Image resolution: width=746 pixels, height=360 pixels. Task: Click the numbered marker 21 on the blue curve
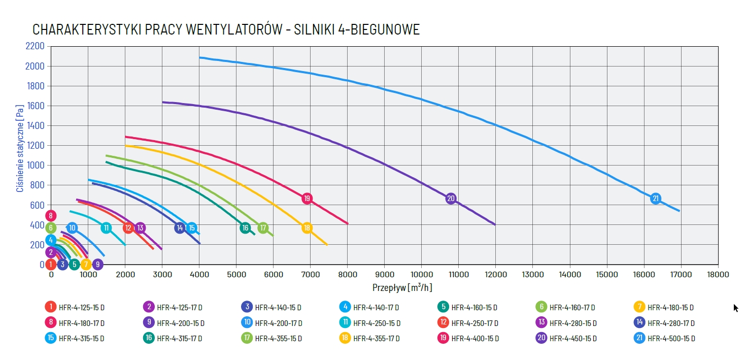[x=655, y=199]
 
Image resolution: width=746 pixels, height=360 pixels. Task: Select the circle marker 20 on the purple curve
[x=451, y=199]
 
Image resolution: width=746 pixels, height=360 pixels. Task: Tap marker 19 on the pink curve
[x=307, y=199]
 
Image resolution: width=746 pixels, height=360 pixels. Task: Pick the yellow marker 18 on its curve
[x=307, y=228]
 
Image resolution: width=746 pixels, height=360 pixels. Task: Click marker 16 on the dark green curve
[x=245, y=228]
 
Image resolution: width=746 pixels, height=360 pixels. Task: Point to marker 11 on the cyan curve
[x=106, y=228]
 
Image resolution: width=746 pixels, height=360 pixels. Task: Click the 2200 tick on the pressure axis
[x=35, y=46]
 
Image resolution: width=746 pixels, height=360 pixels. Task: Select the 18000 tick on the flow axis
[x=718, y=274]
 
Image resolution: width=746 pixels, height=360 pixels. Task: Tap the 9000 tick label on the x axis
[x=384, y=274]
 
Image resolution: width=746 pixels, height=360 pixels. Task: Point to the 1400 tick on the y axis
[x=35, y=125]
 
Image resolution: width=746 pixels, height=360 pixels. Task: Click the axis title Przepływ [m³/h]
[x=402, y=287]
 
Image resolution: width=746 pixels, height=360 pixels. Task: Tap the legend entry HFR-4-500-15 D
[x=671, y=338]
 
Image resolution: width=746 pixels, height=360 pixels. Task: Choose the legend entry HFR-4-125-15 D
[x=81, y=307]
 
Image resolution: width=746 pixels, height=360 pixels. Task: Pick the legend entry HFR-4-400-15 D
[x=474, y=338]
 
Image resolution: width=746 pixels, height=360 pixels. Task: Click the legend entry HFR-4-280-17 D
[x=671, y=323]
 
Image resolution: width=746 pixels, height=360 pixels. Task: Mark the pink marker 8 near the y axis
[x=51, y=215]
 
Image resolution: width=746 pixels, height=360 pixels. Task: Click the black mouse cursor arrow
[x=736, y=308]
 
